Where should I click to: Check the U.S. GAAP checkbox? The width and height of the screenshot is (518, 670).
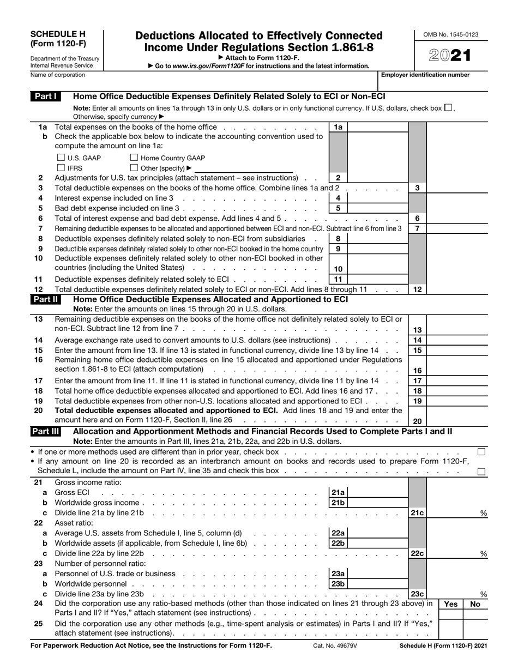pyautogui.click(x=61, y=158)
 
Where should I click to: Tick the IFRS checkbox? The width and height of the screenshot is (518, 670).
pyautogui.click(x=61, y=168)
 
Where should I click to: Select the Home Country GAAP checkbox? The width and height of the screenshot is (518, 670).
pyautogui.click(x=134, y=158)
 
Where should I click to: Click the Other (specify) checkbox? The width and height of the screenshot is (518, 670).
pyautogui.click(x=134, y=168)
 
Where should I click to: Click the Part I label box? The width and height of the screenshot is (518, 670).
pyautogui.click(x=46, y=96)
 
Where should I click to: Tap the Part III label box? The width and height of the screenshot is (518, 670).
pyautogui.click(x=46, y=431)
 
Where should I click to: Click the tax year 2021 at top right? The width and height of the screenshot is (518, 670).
pyautogui.click(x=450, y=55)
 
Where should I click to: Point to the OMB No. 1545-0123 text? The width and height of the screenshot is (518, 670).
pyautogui.click(x=450, y=35)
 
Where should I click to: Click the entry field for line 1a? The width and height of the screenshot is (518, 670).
pyautogui.click(x=377, y=127)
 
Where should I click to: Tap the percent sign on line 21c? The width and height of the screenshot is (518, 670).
pyautogui.click(x=483, y=514)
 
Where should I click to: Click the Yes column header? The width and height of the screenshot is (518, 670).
pyautogui.click(x=451, y=604)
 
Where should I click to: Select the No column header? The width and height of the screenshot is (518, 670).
pyautogui.click(x=475, y=604)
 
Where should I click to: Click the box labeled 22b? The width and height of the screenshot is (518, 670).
pyautogui.click(x=338, y=544)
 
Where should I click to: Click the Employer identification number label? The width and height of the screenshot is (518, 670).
pyautogui.click(x=425, y=75)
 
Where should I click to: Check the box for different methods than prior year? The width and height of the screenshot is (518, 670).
pyautogui.click(x=481, y=452)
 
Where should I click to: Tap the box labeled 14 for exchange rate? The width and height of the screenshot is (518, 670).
pyautogui.click(x=417, y=340)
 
